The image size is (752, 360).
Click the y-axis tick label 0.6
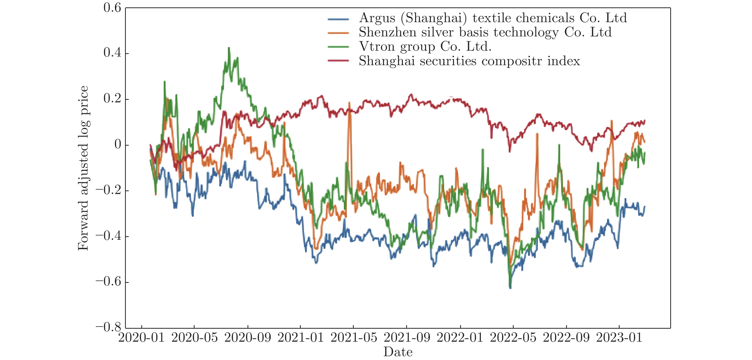112,8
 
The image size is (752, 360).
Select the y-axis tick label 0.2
112,99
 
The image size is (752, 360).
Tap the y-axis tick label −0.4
108,236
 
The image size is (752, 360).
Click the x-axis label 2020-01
141,338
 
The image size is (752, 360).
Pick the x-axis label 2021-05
353,338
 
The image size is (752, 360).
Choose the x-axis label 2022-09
566,338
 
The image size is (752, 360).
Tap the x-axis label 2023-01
619,338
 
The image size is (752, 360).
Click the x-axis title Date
398,352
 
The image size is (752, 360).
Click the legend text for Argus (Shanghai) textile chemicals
493,18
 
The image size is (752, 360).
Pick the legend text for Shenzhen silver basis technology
485,32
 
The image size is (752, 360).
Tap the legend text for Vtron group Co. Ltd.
425,47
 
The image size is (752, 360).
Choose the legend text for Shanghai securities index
469,61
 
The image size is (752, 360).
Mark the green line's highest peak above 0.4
229,48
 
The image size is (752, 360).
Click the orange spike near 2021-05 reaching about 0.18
349,103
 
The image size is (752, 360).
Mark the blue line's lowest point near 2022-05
510,288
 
